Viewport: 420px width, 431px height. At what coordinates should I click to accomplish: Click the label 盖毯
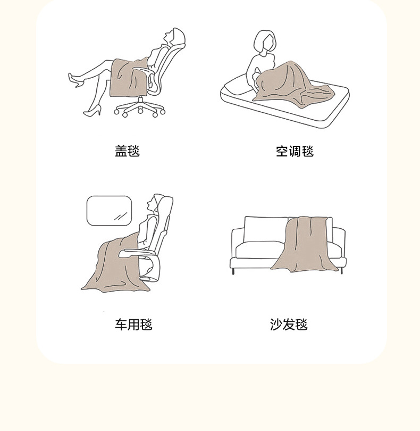(x=127, y=151)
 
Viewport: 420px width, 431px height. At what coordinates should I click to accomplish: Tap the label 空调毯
(x=295, y=151)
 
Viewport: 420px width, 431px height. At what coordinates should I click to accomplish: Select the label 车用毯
(x=133, y=324)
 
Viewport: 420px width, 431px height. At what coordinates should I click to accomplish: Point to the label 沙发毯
(x=289, y=324)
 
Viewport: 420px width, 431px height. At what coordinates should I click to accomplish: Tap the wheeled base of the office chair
(x=140, y=108)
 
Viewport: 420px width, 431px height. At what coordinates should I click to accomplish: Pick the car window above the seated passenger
(x=109, y=210)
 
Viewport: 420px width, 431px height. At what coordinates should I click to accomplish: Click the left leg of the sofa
(x=233, y=271)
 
